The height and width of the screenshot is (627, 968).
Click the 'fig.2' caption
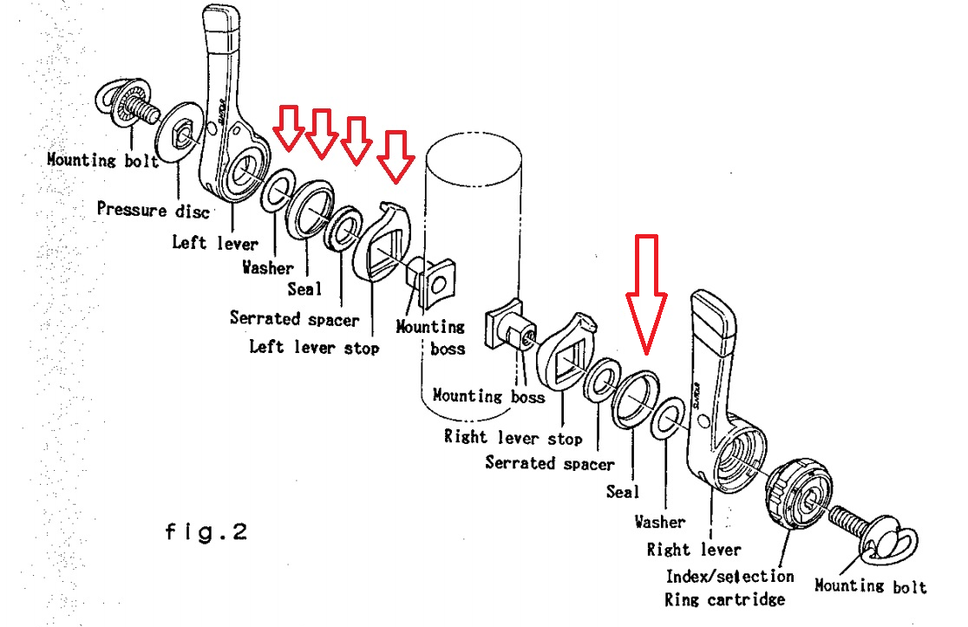[x=206, y=531]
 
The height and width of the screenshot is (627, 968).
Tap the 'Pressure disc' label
[x=153, y=209]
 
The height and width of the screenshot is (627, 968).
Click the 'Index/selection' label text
[x=729, y=576]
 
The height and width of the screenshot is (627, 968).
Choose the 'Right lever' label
[x=694, y=550]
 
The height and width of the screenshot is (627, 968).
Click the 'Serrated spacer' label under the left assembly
[x=294, y=319]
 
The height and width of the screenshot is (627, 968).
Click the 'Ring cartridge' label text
[x=724, y=599]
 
